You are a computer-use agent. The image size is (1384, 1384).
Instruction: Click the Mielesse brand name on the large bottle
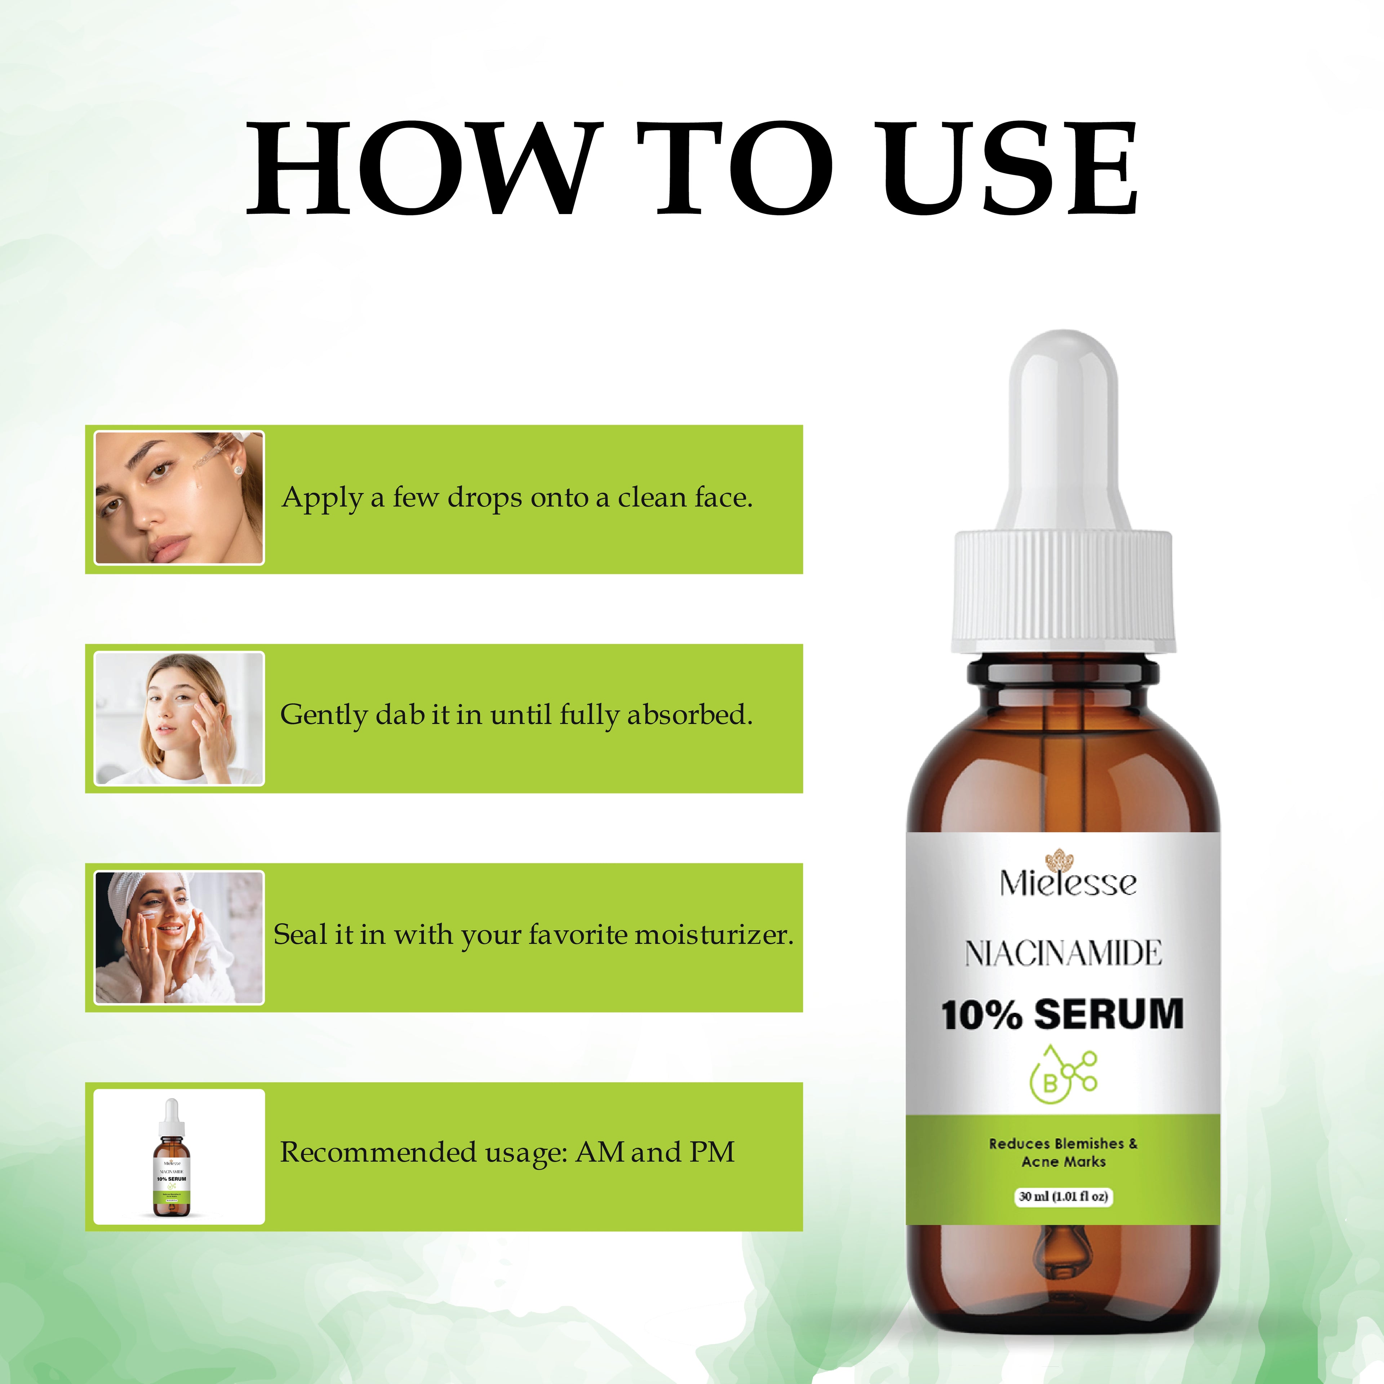(x=1067, y=883)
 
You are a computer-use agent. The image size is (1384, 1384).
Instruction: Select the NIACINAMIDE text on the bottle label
(x=1063, y=953)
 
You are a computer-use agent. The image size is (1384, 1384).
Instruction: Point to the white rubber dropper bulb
(x=1063, y=437)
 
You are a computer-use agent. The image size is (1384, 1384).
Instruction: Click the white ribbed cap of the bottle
(x=1063, y=591)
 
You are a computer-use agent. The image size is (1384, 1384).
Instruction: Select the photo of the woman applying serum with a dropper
(x=179, y=498)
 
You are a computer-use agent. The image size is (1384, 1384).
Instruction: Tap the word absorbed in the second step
(x=689, y=715)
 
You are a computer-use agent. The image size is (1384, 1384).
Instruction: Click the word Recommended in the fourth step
(x=377, y=1152)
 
